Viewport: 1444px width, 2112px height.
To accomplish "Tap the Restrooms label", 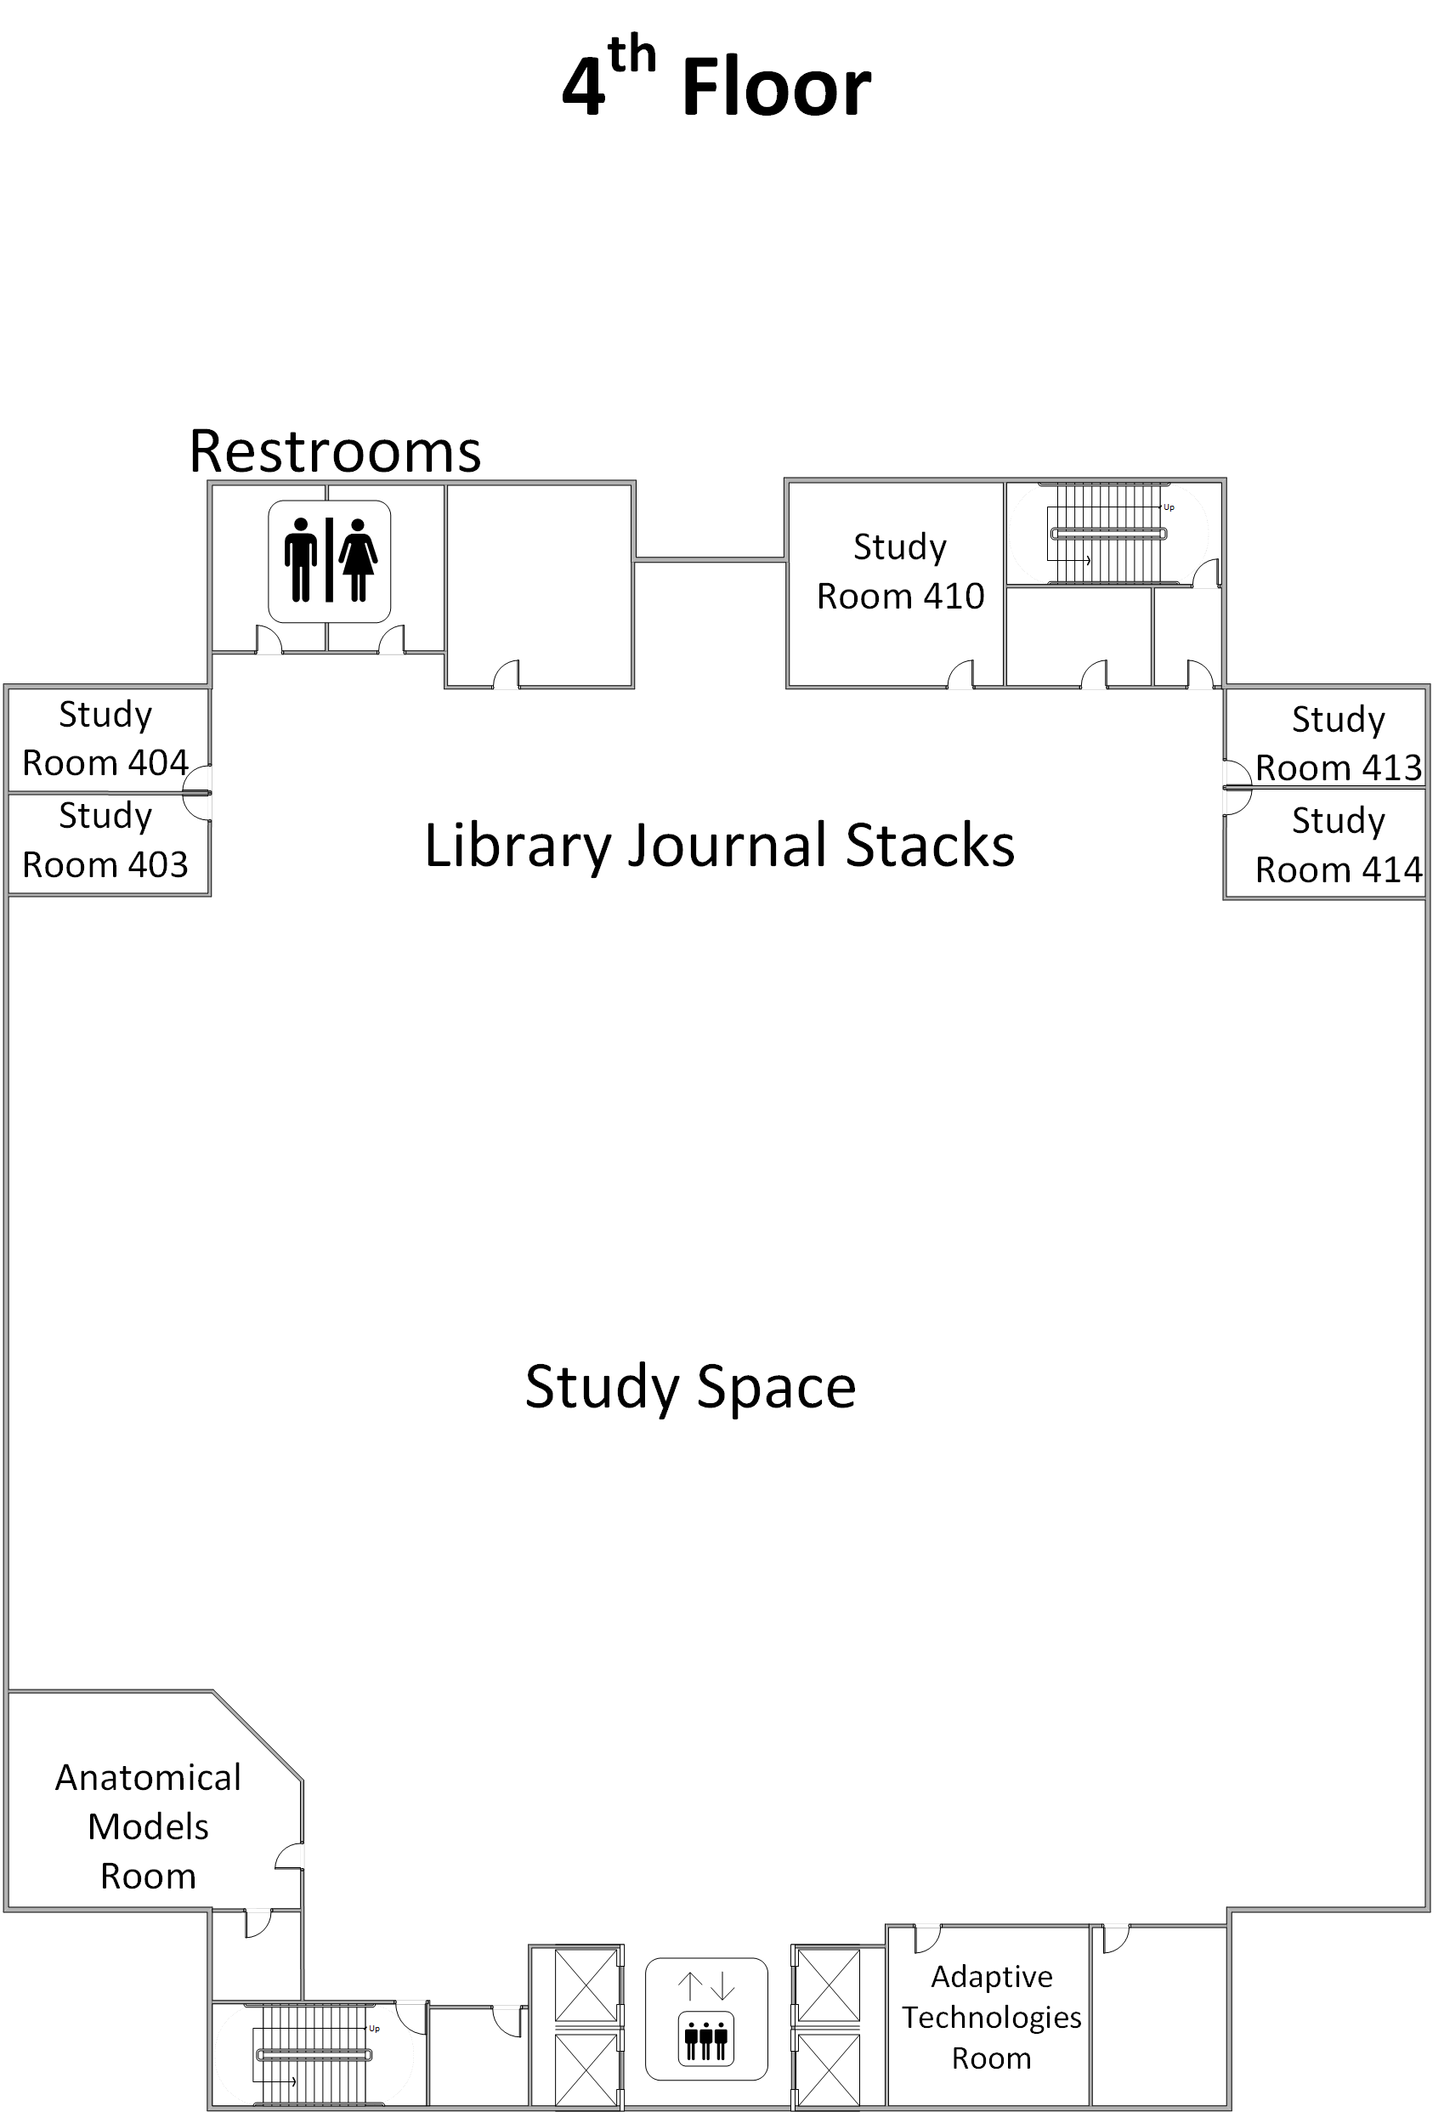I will (x=334, y=450).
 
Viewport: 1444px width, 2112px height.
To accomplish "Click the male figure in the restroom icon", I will (x=301, y=560).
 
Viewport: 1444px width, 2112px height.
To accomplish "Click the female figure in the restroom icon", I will (x=358, y=560).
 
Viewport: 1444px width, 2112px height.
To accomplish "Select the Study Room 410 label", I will (x=900, y=572).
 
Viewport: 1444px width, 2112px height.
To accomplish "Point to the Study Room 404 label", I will (x=105, y=739).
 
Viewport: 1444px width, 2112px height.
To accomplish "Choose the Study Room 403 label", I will (x=105, y=841).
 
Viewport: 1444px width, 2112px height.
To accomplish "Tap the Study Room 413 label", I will (x=1338, y=744).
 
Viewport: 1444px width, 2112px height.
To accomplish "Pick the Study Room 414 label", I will (x=1338, y=845).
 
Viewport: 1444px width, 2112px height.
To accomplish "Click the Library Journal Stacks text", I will (x=719, y=845).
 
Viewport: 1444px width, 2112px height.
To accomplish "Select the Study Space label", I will (x=690, y=1388).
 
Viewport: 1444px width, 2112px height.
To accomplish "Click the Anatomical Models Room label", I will (x=148, y=1826).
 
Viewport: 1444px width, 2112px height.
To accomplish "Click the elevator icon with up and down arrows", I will (x=706, y=2012).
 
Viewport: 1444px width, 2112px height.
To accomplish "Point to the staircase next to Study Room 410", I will (x=1107, y=535).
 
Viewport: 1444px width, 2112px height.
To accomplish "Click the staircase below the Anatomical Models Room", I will (x=314, y=2054).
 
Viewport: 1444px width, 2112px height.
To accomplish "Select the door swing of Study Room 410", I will (x=961, y=675).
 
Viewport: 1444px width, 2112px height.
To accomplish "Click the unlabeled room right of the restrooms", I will (x=540, y=581).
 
